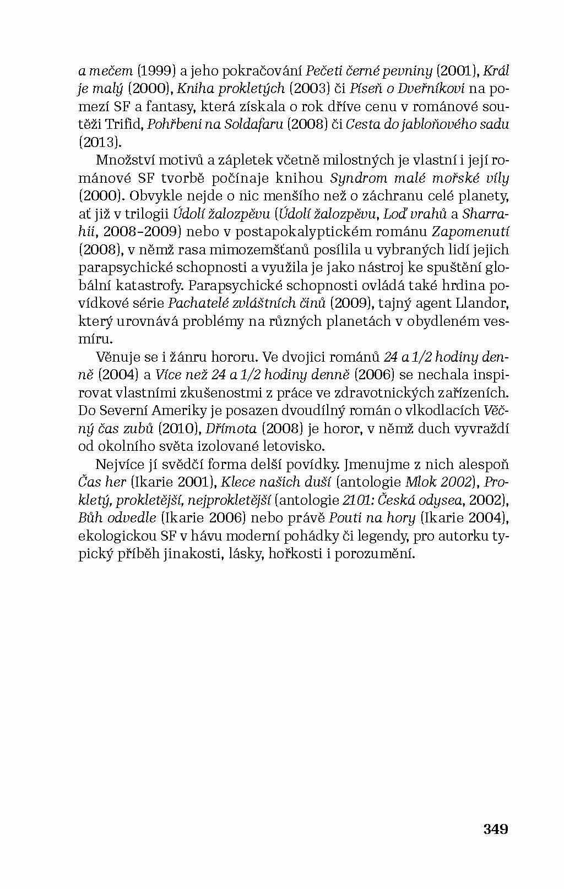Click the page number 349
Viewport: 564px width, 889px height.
(495, 829)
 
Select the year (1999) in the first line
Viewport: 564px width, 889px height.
(156, 70)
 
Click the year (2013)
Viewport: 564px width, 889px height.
(99, 141)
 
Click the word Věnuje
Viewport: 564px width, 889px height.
(117, 357)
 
